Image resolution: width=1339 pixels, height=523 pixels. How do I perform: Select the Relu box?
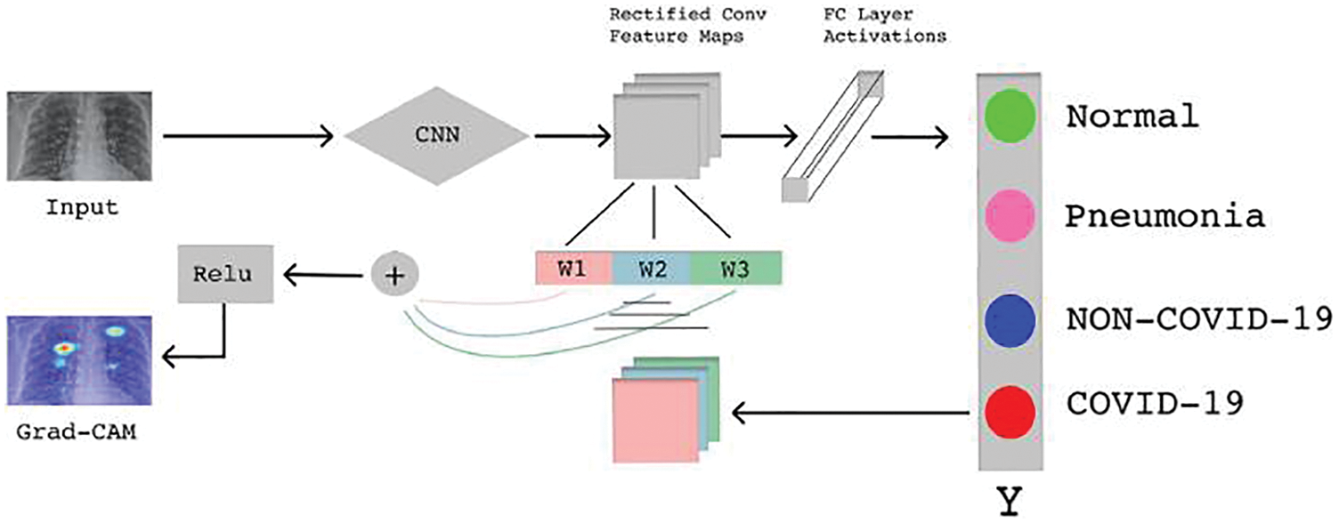(x=226, y=272)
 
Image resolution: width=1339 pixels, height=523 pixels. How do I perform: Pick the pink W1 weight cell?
(x=573, y=268)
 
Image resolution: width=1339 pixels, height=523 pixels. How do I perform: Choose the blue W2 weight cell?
(x=652, y=268)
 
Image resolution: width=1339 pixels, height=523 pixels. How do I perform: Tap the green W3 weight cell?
(x=735, y=268)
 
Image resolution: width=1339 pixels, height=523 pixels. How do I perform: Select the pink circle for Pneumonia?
(x=1010, y=216)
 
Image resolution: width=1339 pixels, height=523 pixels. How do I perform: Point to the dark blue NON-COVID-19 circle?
(x=1010, y=317)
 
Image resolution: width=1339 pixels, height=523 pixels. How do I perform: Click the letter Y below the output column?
(x=1010, y=502)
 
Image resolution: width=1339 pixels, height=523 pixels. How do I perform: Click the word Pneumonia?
(x=1165, y=217)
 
